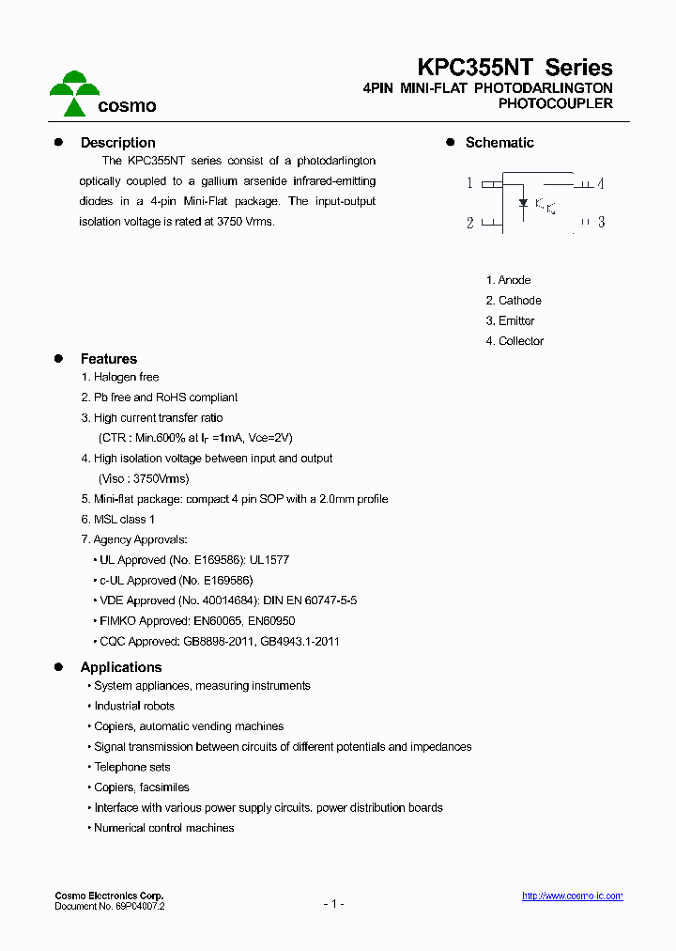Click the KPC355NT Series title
click(515, 68)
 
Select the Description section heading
click(117, 143)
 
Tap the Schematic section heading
click(499, 143)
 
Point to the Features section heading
click(108, 359)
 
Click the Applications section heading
click(121, 667)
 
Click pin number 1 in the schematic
click(469, 183)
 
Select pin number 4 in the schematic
click(600, 183)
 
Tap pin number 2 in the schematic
click(469, 223)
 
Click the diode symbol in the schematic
click(523, 202)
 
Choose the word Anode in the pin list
click(515, 280)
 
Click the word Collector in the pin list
click(521, 341)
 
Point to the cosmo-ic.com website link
click(572, 896)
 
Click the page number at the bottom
click(333, 904)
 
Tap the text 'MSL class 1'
click(124, 520)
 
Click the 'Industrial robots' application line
click(134, 706)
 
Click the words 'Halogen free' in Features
click(126, 378)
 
